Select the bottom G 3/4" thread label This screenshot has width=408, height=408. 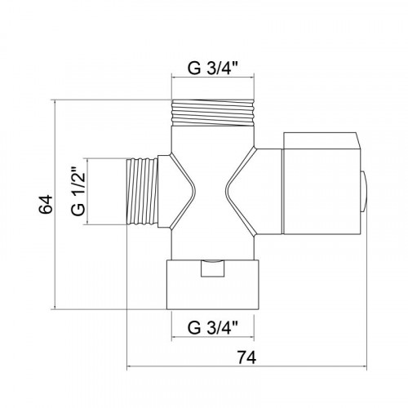213,327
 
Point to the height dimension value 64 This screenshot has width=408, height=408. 45,204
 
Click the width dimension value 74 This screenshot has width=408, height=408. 246,357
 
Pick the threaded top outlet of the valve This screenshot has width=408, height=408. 213,113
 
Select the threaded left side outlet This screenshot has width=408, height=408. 142,192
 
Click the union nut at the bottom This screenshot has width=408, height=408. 212,285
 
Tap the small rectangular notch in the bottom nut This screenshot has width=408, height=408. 213,268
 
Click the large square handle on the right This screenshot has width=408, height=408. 322,184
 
